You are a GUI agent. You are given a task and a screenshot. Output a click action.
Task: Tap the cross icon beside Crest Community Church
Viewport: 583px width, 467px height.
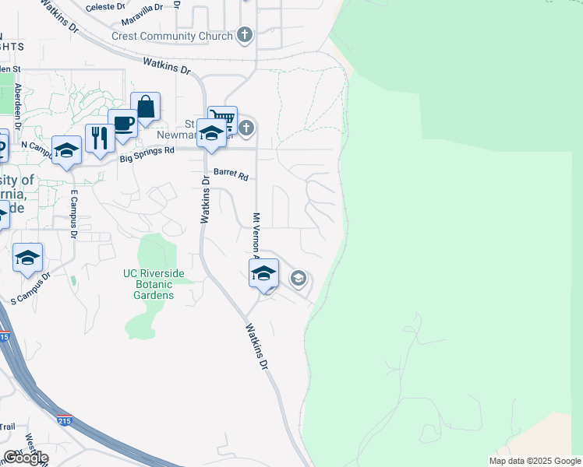[246, 35]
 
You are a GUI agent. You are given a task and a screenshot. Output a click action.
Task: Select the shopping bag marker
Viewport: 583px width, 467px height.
[146, 107]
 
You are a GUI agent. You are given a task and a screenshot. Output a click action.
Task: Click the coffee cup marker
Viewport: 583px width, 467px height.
[123, 123]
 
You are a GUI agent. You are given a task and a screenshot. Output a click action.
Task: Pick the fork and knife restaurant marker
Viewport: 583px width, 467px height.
[99, 139]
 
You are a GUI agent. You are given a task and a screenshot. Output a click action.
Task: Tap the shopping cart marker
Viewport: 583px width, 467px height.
[222, 119]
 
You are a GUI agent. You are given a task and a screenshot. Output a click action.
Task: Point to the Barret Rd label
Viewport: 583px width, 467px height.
[230, 175]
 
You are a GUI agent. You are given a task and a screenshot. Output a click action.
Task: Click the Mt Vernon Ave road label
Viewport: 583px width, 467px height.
[255, 234]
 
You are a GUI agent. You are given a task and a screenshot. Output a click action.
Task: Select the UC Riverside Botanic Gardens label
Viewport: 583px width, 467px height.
[154, 284]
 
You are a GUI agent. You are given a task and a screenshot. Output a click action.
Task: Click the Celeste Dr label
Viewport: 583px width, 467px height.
[105, 6]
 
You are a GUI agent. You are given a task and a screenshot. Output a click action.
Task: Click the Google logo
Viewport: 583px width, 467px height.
[25, 457]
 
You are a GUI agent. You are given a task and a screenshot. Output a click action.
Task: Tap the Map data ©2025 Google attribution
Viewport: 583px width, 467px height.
[535, 461]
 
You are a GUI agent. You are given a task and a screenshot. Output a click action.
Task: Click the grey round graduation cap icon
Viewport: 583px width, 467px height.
[298, 278]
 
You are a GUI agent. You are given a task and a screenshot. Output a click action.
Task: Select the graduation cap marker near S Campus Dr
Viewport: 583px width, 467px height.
[28, 257]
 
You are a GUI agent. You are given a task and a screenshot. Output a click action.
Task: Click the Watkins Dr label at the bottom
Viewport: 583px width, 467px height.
[260, 346]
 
